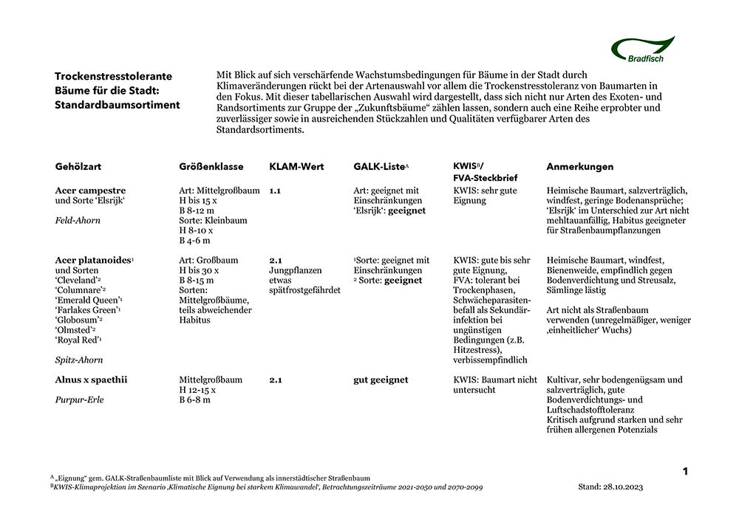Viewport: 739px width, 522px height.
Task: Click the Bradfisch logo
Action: [642, 49]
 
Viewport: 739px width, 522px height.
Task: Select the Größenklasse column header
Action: [211, 167]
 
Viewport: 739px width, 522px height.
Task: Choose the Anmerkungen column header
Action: [579, 167]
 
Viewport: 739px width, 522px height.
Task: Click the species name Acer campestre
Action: [90, 190]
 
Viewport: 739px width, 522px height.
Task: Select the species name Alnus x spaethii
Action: [91, 380]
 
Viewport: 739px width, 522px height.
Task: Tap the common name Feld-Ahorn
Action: [78, 220]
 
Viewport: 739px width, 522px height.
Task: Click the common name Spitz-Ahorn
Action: [79, 360]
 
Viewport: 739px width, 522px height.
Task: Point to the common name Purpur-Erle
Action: [80, 399]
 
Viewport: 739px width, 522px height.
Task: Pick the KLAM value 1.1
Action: [275, 190]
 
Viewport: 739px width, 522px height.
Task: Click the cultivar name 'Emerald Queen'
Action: [87, 300]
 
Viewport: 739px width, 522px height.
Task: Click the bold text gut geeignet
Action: [381, 380]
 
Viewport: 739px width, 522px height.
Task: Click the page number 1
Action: [685, 471]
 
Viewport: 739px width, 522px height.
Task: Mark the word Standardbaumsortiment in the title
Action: [117, 105]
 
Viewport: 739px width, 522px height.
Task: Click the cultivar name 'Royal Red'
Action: [78, 340]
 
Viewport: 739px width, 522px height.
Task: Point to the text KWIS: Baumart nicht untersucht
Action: [494, 385]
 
